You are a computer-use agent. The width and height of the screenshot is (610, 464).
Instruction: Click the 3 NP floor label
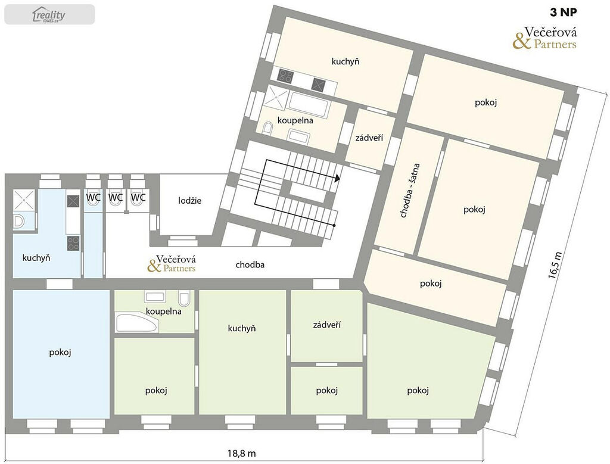pyautogui.click(x=564, y=13)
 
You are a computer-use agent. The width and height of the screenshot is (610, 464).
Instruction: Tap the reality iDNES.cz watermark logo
pyautogui.click(x=49, y=15)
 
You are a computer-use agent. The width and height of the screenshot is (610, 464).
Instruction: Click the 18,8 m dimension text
pyautogui.click(x=242, y=453)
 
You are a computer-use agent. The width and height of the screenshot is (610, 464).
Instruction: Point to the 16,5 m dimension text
pyautogui.click(x=555, y=265)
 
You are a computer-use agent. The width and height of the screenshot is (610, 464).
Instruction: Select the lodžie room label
pyautogui.click(x=190, y=201)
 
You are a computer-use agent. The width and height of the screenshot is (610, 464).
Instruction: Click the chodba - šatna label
pyautogui.click(x=409, y=190)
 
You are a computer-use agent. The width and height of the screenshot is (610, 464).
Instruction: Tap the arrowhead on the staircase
pyautogui.click(x=337, y=177)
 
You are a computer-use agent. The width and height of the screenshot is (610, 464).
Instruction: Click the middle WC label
pyautogui.click(x=116, y=198)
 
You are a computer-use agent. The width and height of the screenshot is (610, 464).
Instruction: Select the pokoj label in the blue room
pyautogui.click(x=60, y=353)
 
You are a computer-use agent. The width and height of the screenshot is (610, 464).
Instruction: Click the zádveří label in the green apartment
pyautogui.click(x=327, y=325)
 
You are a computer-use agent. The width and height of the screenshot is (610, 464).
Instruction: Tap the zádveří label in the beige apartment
pyautogui.click(x=369, y=138)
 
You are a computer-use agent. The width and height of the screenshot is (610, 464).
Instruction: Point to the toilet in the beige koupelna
pyautogui.click(x=268, y=128)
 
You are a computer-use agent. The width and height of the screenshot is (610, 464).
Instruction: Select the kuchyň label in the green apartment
pyautogui.click(x=242, y=328)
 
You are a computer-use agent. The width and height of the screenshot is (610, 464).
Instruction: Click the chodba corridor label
pyautogui.click(x=250, y=265)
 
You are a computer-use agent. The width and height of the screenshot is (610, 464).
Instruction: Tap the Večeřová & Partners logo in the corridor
pyautogui.click(x=172, y=263)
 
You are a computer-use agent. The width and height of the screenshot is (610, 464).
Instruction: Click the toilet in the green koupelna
pyautogui.click(x=184, y=298)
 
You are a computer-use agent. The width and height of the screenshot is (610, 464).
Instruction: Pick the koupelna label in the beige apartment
pyautogui.click(x=295, y=120)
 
